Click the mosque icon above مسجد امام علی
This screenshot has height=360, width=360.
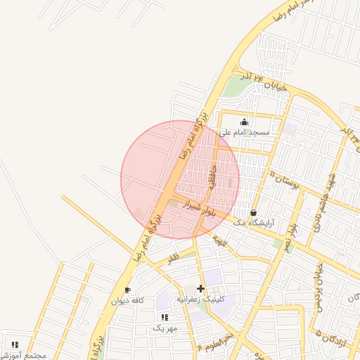coord(244,122)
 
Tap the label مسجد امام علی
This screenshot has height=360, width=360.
coord(250,132)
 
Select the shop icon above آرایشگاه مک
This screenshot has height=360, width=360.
coord(253,212)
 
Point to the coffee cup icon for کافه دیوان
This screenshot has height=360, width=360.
coord(127,290)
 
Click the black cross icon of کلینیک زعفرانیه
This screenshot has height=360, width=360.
coord(201,288)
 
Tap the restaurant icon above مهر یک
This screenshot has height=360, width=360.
coord(165,318)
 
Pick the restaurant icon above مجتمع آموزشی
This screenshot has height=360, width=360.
coord(15,345)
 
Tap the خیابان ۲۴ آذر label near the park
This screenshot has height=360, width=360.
coord(263,80)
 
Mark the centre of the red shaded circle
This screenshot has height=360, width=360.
coord(180,179)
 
